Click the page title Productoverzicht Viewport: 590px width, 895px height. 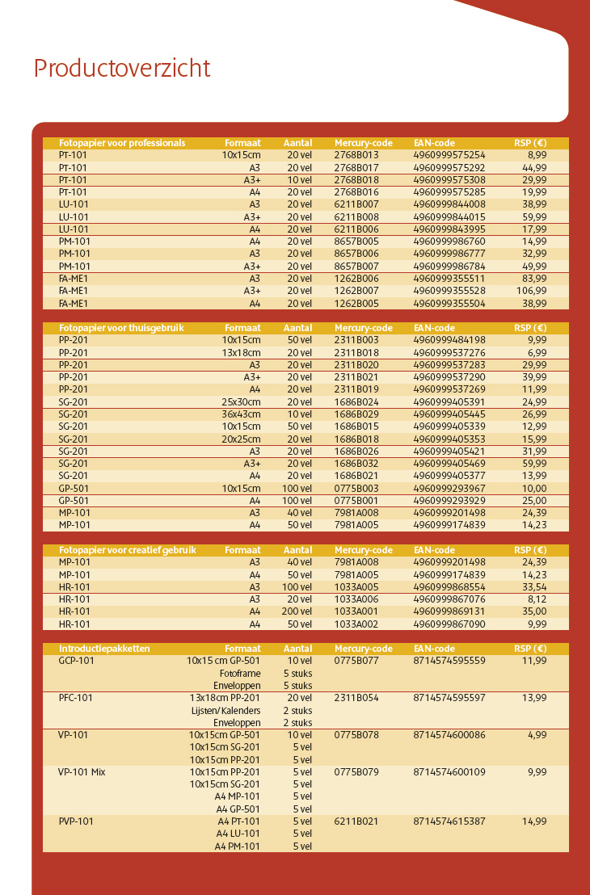(122, 69)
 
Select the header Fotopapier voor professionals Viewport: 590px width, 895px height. (122, 143)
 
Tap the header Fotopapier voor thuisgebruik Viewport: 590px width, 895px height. (122, 328)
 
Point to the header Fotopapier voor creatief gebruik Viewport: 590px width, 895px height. (128, 550)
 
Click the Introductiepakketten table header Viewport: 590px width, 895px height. (104, 649)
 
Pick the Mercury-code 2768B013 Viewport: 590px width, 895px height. (356, 155)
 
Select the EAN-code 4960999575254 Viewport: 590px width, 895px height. (449, 155)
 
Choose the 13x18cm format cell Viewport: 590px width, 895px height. (242, 353)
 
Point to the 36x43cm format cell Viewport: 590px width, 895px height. (242, 414)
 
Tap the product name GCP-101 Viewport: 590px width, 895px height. (77, 661)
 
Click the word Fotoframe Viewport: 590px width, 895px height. (240, 673)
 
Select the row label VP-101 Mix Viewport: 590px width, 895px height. (82, 772)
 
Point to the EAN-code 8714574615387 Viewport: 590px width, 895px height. (449, 821)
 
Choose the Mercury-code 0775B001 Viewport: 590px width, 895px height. (356, 501)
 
